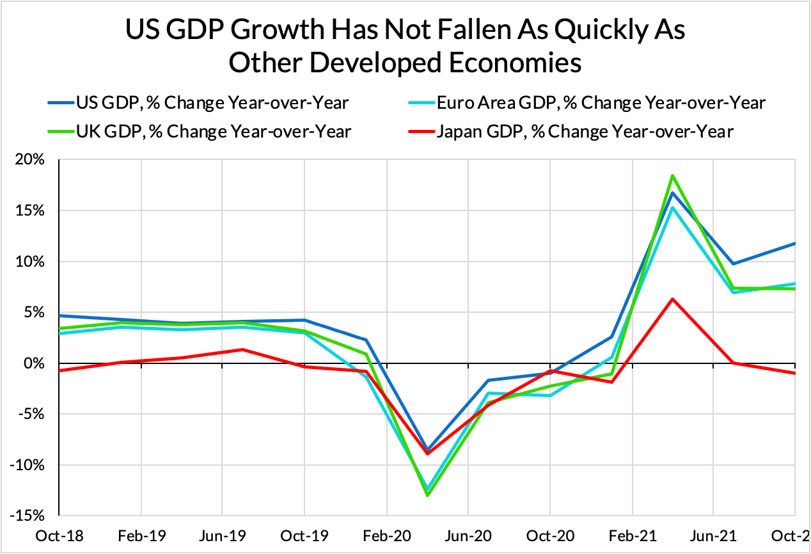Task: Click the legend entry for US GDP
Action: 198,102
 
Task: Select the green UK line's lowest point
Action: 427,495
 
